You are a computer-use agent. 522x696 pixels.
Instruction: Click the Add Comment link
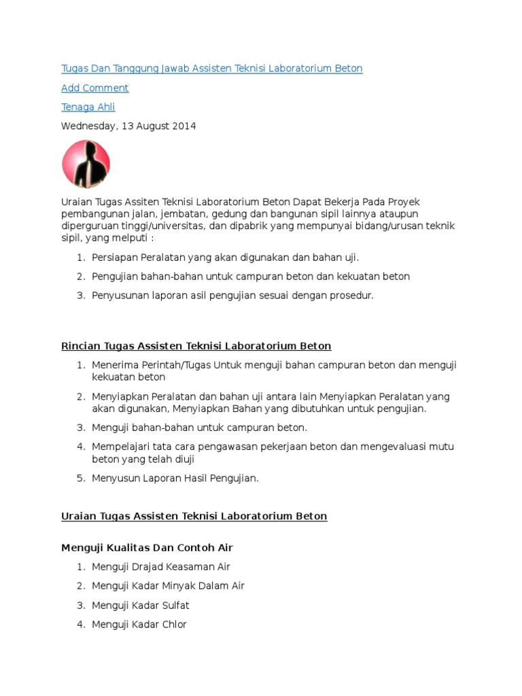coord(94,88)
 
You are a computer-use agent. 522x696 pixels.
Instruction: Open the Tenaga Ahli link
coord(88,107)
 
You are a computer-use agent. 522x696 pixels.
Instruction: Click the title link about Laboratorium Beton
coord(211,69)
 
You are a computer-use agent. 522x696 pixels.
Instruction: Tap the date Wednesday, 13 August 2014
coord(128,126)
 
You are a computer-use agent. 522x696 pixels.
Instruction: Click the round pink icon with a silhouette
coord(86,164)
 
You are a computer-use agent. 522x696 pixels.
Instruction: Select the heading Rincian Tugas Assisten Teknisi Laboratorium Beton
coord(196,346)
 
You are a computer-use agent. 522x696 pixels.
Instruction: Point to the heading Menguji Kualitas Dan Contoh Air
coord(147,547)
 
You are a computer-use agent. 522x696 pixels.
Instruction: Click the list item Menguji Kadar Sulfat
coord(140,605)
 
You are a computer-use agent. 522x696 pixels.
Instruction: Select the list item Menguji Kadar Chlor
coord(139,624)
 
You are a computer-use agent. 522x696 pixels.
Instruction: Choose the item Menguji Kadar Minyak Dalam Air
coord(168,586)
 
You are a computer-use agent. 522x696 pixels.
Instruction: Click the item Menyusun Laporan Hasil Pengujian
coord(175,478)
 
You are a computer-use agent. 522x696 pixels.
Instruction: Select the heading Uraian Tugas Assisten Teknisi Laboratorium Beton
coord(194,516)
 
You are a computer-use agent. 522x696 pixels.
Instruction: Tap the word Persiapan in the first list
coord(115,258)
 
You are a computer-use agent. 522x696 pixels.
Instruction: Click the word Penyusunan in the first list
coord(120,296)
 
